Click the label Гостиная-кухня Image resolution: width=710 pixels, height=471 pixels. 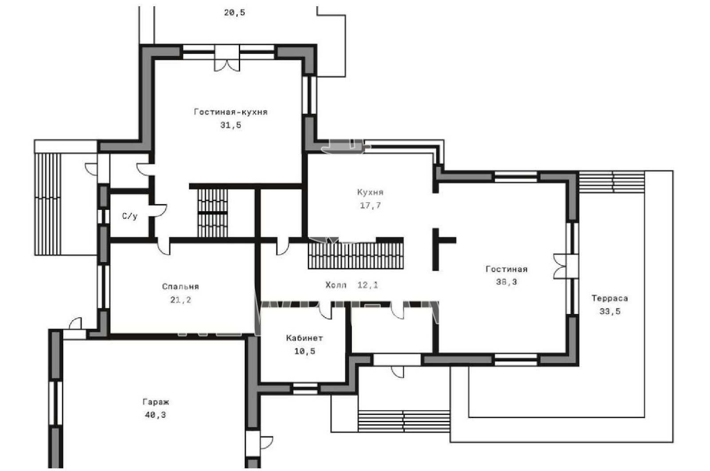[x=231, y=112]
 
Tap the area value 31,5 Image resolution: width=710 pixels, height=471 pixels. [x=231, y=125]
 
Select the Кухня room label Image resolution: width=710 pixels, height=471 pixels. [x=370, y=192]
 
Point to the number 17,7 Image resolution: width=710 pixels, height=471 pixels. [x=370, y=206]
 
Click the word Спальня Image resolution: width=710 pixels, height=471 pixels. [x=180, y=287]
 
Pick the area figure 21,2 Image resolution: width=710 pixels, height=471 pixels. [x=180, y=300]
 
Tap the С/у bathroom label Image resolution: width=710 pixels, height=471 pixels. [x=130, y=216]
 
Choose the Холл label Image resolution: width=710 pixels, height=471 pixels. [x=336, y=285]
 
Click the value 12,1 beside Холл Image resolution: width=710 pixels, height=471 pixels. [x=368, y=285]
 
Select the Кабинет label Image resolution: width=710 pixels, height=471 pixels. [x=304, y=338]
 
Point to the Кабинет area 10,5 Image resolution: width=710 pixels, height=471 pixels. [x=304, y=351]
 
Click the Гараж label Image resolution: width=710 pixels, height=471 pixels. [x=156, y=402]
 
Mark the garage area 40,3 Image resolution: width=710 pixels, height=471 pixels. [x=156, y=415]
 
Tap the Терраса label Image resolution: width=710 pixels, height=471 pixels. [x=610, y=298]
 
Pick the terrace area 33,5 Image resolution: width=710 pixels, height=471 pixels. [x=610, y=311]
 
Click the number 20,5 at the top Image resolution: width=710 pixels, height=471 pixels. [x=235, y=13]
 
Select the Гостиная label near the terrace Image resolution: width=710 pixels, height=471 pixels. [x=506, y=269]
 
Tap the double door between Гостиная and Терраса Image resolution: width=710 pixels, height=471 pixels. [x=560, y=266]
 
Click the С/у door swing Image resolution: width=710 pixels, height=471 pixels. [x=158, y=211]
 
